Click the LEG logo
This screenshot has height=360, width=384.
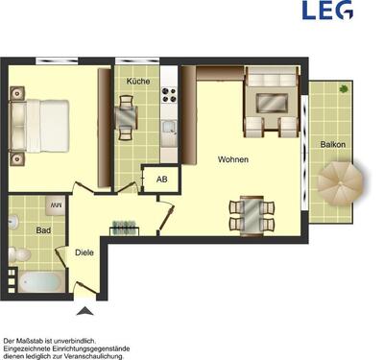[x=326, y=12]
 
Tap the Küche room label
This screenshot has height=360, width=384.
[x=137, y=82]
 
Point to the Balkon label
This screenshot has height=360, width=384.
[x=333, y=145]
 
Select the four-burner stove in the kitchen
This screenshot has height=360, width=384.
[x=169, y=95]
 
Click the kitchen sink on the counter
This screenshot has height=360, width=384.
[x=169, y=126]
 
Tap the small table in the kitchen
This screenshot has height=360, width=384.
[x=128, y=116]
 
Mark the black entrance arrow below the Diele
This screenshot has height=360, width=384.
[x=85, y=310]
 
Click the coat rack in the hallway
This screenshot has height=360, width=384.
[x=124, y=228]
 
